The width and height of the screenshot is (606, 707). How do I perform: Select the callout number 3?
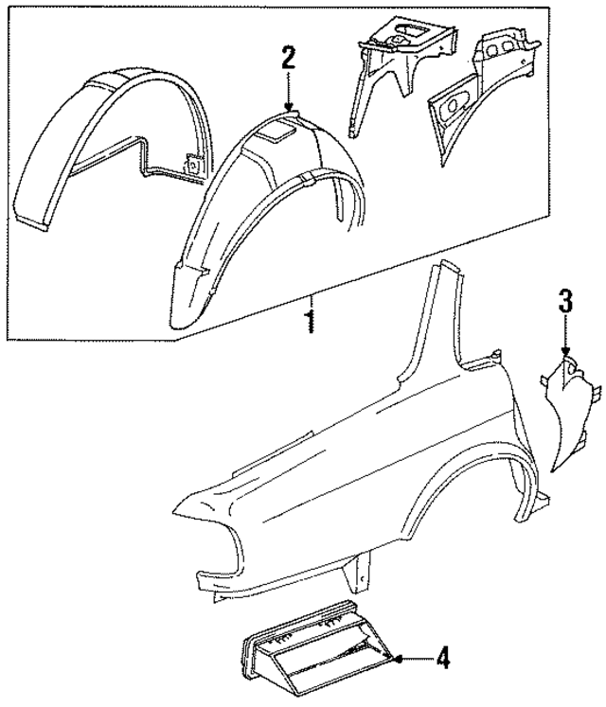tap(564, 304)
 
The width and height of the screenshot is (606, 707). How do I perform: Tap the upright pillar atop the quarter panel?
tap(441, 322)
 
